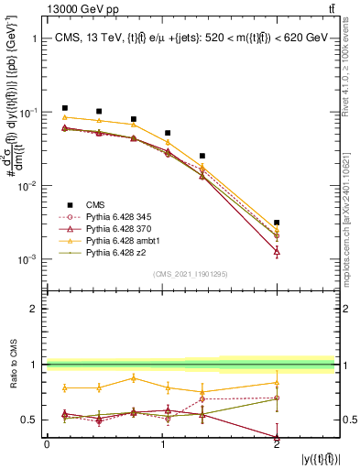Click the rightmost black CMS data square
(277, 223)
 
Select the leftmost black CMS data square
(64, 108)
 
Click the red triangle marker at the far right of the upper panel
(277, 250)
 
